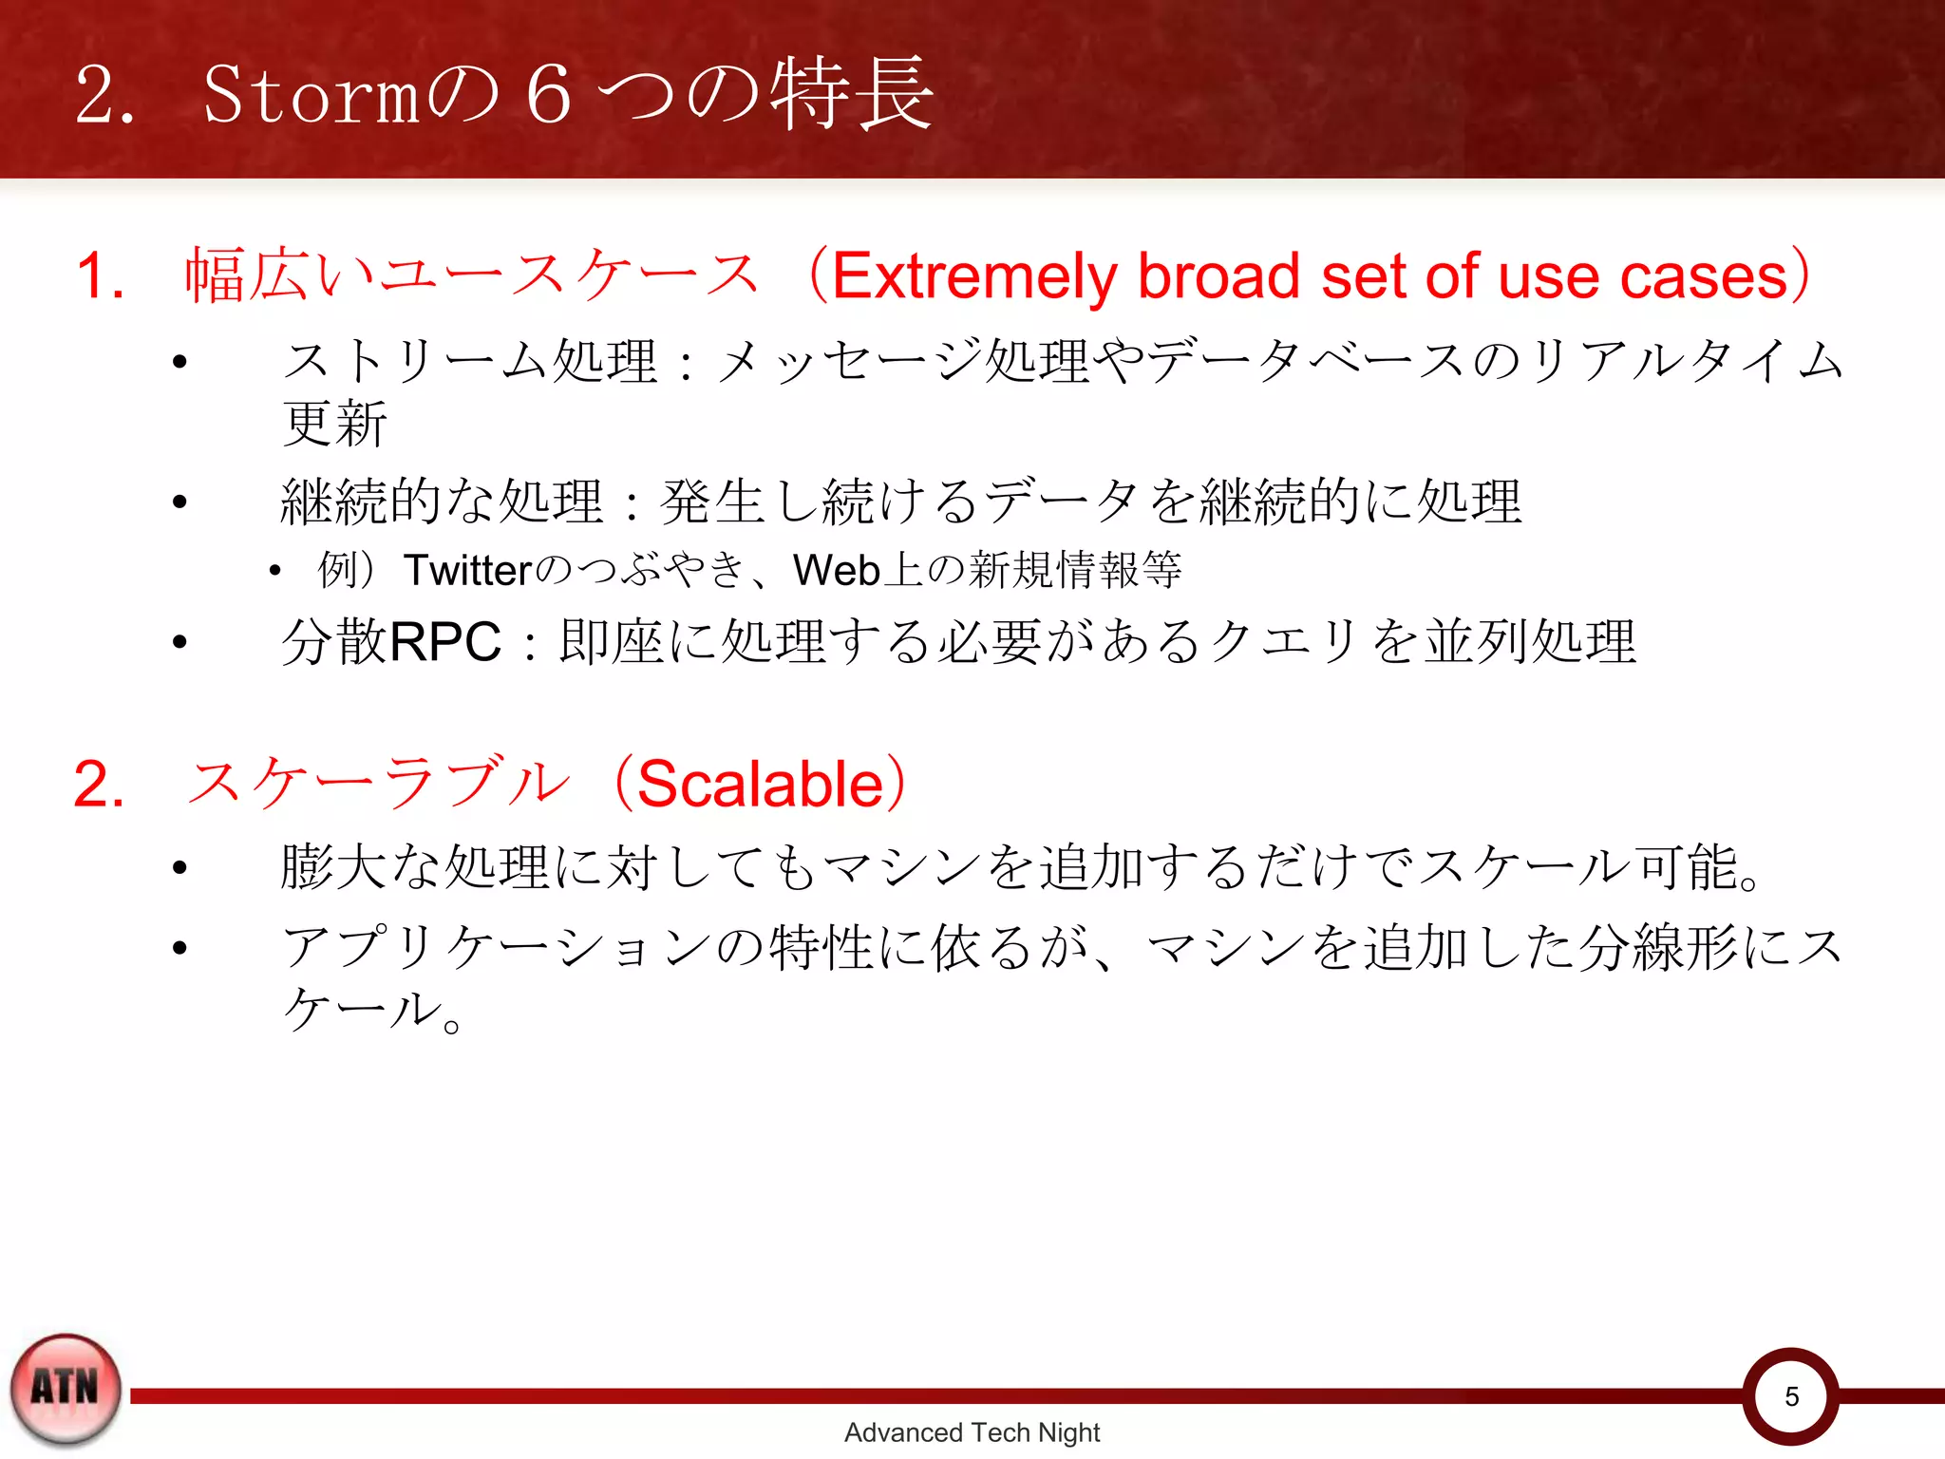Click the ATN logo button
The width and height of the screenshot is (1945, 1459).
65,1388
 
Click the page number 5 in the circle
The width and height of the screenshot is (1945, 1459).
1791,1396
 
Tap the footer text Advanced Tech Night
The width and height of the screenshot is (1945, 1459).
972,1432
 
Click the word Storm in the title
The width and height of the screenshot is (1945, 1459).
311,95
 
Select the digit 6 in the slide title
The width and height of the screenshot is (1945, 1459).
549,95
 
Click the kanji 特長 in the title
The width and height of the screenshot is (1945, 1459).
851,93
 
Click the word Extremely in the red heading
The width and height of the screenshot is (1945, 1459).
973,276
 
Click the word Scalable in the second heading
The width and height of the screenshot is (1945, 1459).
760,785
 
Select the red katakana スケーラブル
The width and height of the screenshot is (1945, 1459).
378,785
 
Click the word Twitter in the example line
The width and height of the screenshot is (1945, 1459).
467,570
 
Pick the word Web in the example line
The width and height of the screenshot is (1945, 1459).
836,570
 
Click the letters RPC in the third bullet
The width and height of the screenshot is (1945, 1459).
445,641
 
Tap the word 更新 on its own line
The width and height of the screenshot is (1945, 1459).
334,424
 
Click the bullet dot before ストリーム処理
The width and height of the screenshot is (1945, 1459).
179,362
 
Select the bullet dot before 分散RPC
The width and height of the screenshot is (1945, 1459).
179,643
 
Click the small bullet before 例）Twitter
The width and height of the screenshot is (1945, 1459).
274,571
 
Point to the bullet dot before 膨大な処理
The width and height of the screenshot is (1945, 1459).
179,867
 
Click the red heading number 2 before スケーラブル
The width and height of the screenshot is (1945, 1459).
99,785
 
